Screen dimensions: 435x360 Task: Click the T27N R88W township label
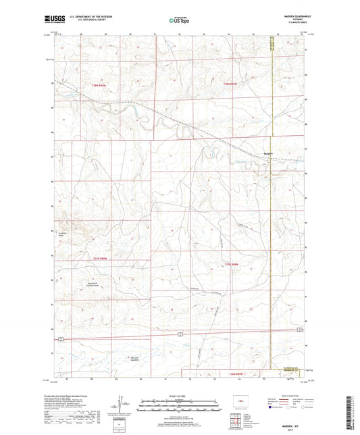tap(232, 263)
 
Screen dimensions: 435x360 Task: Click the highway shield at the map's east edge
tap(300, 330)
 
